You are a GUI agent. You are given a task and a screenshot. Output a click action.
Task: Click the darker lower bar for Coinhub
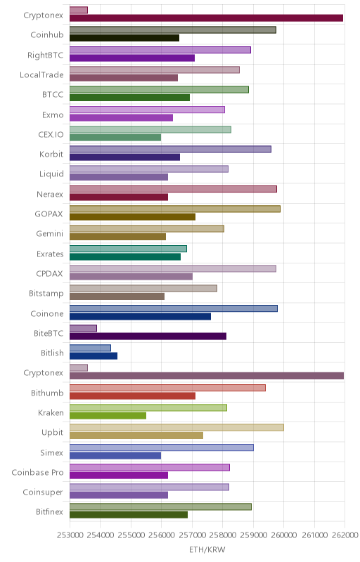click(x=124, y=38)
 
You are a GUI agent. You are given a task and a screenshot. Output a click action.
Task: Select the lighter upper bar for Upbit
click(x=176, y=428)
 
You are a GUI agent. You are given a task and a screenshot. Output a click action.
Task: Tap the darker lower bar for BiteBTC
click(x=148, y=336)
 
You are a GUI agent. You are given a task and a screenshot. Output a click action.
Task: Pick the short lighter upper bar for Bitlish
click(x=90, y=348)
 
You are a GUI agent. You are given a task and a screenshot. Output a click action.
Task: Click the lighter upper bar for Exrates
click(x=128, y=249)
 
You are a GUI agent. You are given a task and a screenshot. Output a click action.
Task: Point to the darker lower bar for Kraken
click(x=108, y=416)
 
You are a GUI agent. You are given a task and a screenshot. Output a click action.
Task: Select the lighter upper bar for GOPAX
click(x=174, y=209)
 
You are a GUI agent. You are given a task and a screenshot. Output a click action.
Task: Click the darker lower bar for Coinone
click(x=140, y=317)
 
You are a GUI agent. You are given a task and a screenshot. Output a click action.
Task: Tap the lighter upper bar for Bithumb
click(x=167, y=388)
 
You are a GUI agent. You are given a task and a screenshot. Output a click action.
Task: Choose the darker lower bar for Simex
click(x=115, y=455)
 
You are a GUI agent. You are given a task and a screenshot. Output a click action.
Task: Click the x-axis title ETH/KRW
click(x=207, y=549)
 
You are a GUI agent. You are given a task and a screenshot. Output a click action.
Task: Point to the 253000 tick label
click(x=70, y=535)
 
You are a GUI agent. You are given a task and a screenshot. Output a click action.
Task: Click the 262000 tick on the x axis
click(x=345, y=535)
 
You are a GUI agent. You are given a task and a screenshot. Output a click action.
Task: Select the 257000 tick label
click(x=192, y=535)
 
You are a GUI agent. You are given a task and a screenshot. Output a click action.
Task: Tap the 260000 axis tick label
click(x=284, y=535)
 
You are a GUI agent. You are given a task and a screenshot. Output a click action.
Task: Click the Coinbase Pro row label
click(x=38, y=472)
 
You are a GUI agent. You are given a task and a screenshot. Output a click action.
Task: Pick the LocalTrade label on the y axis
click(x=41, y=75)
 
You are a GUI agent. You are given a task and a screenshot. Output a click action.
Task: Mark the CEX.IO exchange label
click(x=51, y=134)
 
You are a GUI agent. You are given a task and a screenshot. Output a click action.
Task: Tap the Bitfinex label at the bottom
click(x=49, y=512)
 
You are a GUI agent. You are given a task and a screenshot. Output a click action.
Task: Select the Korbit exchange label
click(x=51, y=154)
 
